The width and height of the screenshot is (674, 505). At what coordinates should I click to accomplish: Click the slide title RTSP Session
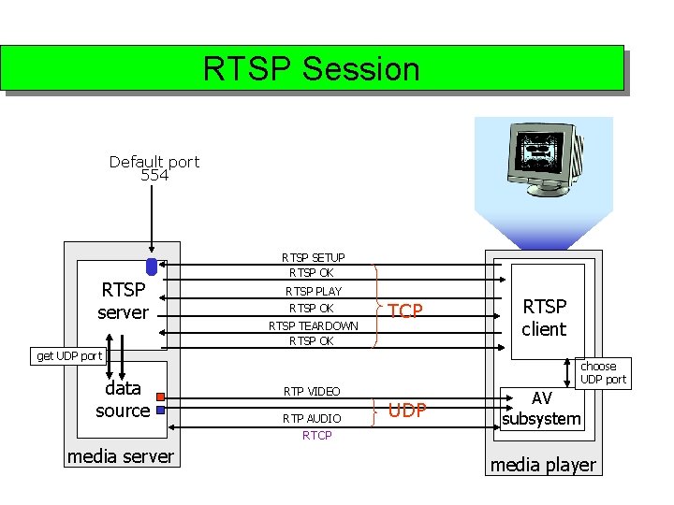click(x=312, y=69)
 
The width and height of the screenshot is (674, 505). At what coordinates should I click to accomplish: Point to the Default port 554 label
click(x=154, y=168)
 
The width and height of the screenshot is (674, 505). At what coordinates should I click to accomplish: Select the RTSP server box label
click(x=123, y=301)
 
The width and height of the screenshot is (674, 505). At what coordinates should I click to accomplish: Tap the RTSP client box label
click(x=544, y=317)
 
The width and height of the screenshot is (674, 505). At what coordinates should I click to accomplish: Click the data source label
click(x=123, y=399)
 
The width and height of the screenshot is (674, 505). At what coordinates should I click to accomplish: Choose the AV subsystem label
click(x=541, y=409)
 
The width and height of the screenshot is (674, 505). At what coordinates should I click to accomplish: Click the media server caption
click(x=120, y=456)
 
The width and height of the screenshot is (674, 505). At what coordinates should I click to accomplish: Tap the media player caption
click(x=543, y=465)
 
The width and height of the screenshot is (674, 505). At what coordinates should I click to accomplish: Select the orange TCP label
click(x=405, y=311)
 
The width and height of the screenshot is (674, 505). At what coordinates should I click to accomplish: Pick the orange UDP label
click(x=407, y=411)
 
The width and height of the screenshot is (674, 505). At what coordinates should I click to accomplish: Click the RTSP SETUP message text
click(x=314, y=257)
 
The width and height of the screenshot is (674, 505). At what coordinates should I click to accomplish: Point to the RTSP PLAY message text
click(x=314, y=292)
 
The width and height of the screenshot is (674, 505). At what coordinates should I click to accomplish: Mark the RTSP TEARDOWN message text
click(x=314, y=326)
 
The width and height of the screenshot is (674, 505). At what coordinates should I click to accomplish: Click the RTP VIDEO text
click(x=312, y=391)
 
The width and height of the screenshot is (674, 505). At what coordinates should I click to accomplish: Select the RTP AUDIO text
click(x=312, y=418)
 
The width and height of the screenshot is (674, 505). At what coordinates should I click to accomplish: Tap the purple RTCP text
click(x=316, y=436)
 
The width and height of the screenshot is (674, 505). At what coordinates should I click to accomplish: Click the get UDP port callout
click(x=68, y=355)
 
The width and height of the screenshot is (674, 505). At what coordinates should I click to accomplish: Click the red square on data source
click(x=160, y=397)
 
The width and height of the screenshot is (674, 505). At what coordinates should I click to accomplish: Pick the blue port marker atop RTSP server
click(x=152, y=267)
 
